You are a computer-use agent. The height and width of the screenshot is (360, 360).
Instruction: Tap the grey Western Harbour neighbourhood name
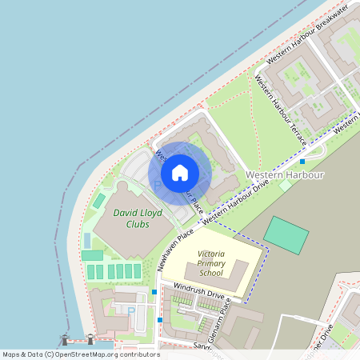(x=284, y=174)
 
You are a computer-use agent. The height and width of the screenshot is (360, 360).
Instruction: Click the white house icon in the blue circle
(x=180, y=172)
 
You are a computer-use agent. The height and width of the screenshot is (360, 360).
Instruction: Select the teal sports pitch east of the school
(x=286, y=234)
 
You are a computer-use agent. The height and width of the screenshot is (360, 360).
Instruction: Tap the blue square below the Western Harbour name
(x=302, y=162)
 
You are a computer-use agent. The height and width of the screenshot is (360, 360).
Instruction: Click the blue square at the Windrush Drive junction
(x=154, y=292)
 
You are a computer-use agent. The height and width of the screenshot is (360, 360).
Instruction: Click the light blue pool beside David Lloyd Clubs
(x=86, y=240)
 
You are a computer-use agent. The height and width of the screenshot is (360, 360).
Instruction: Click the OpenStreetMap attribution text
(x=80, y=354)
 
